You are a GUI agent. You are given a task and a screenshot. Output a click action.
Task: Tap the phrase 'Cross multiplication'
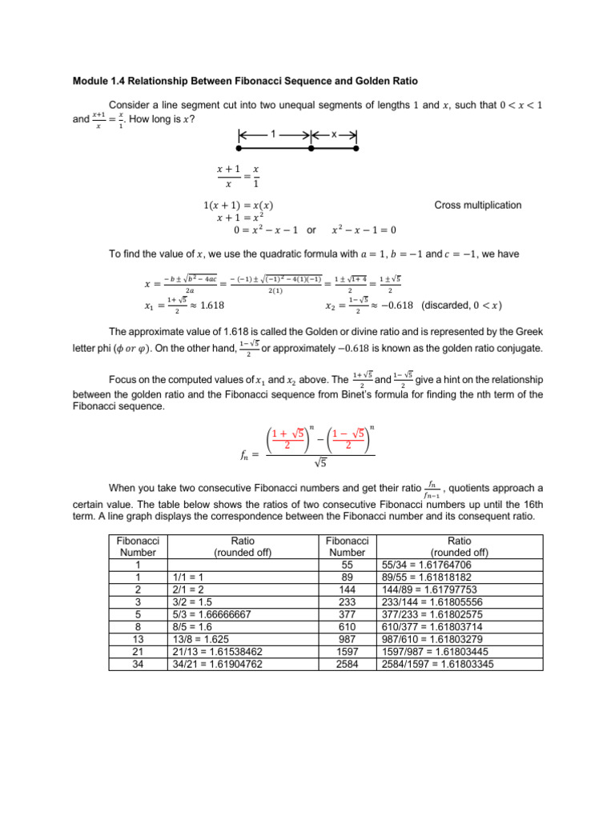click(477, 205)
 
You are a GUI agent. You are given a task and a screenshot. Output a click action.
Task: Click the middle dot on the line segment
click(312, 149)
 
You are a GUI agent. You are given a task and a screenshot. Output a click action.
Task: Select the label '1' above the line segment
click(274, 134)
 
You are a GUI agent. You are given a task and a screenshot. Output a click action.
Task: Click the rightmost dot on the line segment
click(356, 149)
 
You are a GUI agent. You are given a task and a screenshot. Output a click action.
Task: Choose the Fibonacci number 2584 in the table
click(347, 663)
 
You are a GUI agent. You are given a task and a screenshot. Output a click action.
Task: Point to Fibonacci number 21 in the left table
click(138, 651)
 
